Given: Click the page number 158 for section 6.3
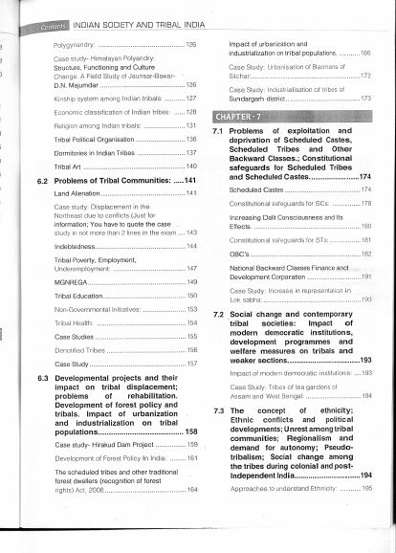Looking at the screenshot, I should pos(190,431).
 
